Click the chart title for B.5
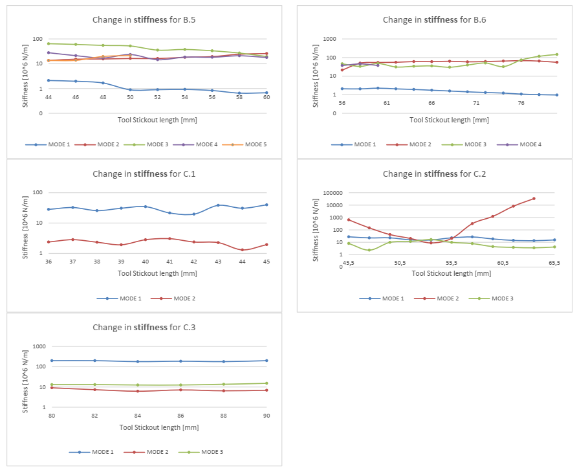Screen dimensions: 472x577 click(144, 19)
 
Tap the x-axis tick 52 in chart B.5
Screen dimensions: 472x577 click(158, 97)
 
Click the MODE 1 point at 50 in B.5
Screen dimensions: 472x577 click(130, 90)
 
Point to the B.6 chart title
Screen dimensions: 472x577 click(434, 19)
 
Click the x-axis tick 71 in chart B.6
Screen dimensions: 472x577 click(476, 103)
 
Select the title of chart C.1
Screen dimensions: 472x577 click(144, 174)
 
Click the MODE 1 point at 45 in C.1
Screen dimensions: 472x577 click(267, 205)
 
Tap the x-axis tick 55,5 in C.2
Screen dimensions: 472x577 click(452, 263)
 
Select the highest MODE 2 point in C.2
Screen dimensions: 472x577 click(534, 199)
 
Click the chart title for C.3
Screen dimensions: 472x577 click(144, 328)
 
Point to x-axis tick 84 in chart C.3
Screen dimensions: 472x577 click(138, 415)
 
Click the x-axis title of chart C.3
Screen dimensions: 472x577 click(158, 427)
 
